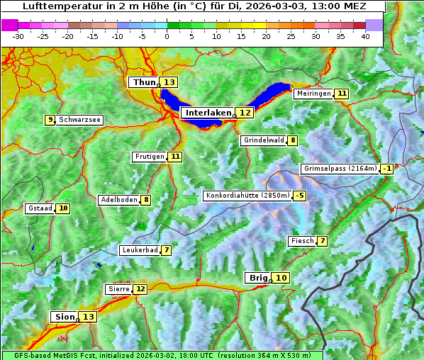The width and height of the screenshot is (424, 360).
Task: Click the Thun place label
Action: click(144, 83)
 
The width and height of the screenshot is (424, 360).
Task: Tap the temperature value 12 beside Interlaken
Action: click(245, 113)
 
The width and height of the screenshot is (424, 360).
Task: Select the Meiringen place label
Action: click(313, 94)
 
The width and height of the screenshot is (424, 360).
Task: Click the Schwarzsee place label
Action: click(79, 120)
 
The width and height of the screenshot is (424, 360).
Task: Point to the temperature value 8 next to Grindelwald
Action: click(293, 140)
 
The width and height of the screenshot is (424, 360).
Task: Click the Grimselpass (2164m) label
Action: click(340, 169)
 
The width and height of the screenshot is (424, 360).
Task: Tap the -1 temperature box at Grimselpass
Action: click(386, 169)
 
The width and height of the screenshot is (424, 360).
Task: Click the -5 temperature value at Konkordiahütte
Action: click(300, 196)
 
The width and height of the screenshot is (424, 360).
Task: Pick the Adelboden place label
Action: click(118, 200)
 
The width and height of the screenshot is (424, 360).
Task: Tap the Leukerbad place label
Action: click(138, 250)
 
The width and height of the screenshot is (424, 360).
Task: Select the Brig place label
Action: click(257, 278)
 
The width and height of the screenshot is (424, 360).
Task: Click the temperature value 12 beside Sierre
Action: click(140, 289)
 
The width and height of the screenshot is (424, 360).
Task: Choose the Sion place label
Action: click(64, 317)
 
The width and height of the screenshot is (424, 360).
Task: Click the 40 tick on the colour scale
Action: click(365, 35)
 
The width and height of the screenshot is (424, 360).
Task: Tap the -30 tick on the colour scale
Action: click(18, 35)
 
